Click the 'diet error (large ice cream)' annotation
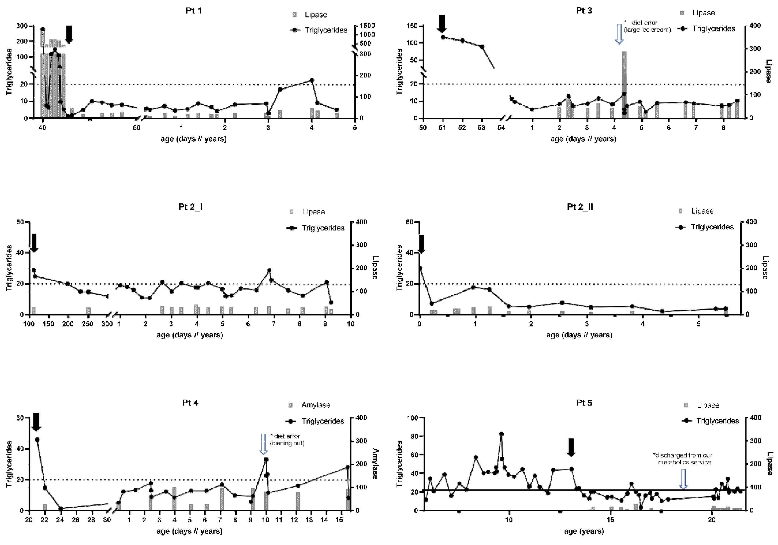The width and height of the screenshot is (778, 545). coord(647,26)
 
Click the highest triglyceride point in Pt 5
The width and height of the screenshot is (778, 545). coord(501,434)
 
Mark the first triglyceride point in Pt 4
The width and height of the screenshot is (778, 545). coord(37,440)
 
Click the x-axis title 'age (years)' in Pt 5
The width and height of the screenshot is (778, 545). coord(584,531)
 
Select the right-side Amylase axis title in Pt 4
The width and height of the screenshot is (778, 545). coord(375,464)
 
